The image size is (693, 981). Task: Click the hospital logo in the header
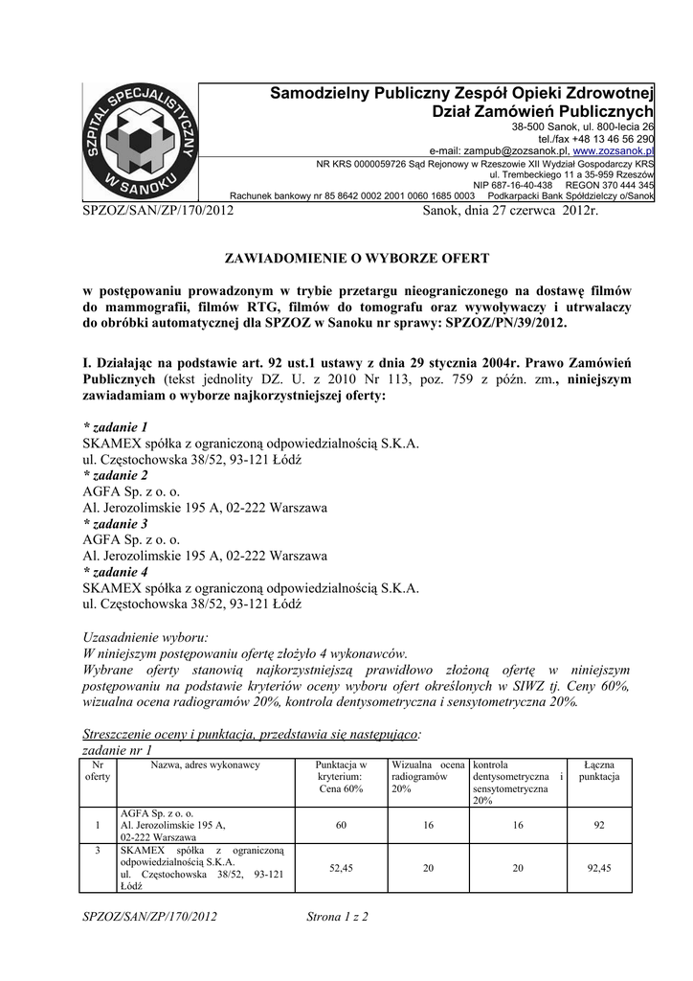(139, 141)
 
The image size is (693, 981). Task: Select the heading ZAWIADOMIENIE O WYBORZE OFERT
(356, 259)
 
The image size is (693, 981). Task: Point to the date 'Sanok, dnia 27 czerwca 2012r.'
(509, 209)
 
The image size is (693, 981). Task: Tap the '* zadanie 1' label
(116, 426)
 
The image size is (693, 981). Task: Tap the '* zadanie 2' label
(116, 475)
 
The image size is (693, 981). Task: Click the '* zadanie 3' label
(116, 524)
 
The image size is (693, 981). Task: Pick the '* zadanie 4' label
(116, 572)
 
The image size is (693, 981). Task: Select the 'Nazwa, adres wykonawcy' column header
(206, 764)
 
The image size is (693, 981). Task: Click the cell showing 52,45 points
(342, 868)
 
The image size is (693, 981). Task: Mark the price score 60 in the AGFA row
(342, 824)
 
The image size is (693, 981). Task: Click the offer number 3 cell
(97, 850)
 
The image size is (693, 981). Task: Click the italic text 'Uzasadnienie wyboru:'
(145, 636)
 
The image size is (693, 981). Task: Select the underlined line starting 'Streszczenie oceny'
(252, 734)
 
